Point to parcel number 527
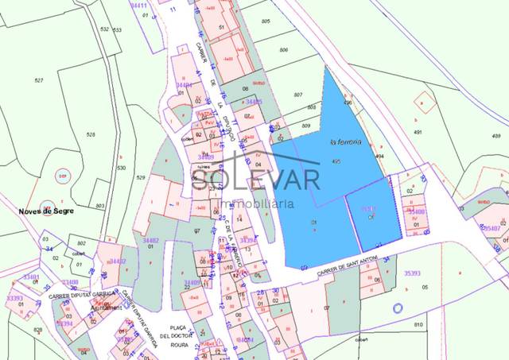[x=38, y=81]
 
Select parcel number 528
[x=90, y=135]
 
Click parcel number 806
[x=284, y=50]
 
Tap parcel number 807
[x=298, y=95]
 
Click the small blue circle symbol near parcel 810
[x=398, y=308]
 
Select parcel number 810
[x=418, y=325]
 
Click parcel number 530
[x=121, y=168]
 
